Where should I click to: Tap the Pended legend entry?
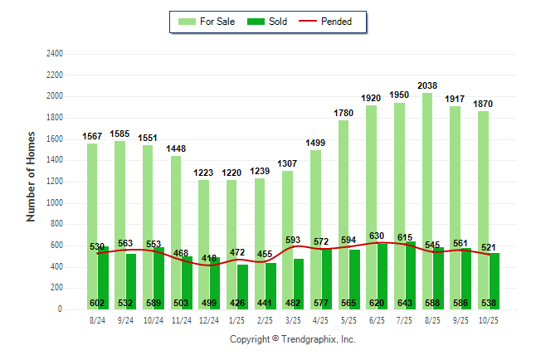point(334,22)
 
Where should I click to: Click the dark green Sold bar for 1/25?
point(242,286)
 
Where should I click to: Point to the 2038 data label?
point(427,85)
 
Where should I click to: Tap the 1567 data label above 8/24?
point(92,136)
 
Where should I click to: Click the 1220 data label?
point(231,173)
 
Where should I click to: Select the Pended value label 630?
point(377,236)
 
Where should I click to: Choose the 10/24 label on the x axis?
point(153,319)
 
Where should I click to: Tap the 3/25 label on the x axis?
point(293,319)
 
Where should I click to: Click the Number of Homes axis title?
point(31,176)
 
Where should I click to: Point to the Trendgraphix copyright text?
point(292,339)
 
